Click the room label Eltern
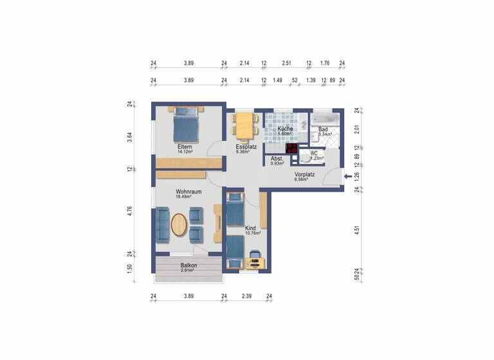(185, 147)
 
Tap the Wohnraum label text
(189, 192)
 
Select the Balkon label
(188, 265)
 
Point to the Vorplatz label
(304, 174)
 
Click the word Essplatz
(246, 147)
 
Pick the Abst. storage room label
(277, 158)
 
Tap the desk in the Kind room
(254, 261)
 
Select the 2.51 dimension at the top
(287, 64)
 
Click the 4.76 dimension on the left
(130, 212)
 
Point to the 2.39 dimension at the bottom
(246, 296)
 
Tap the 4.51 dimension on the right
(358, 230)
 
